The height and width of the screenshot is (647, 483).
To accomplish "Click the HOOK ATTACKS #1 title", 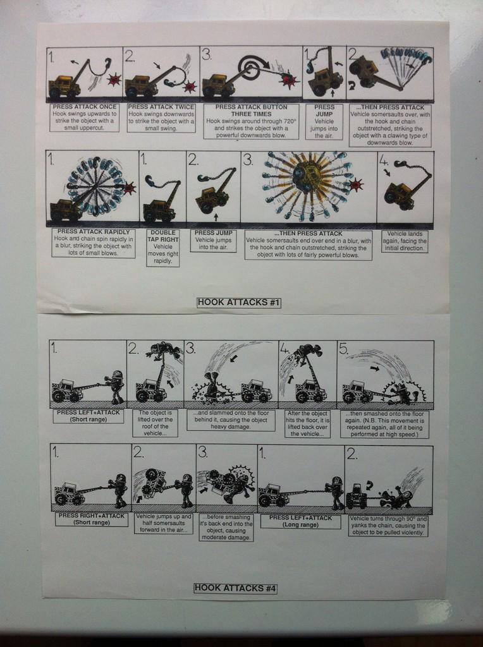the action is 239,303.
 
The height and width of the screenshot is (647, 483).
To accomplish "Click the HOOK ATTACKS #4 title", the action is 235,588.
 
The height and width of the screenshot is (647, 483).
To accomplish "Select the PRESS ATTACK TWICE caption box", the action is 161,118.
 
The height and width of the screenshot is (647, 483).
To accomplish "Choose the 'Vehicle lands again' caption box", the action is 405,241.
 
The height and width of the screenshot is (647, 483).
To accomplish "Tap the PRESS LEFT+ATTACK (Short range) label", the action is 89,416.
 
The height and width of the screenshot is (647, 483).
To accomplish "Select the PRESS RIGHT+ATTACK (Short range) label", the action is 91,519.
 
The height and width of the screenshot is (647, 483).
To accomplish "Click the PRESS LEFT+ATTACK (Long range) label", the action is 300,521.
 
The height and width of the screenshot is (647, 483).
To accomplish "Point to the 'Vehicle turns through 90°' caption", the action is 388,526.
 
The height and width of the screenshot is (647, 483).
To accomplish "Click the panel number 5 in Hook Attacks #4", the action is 344,349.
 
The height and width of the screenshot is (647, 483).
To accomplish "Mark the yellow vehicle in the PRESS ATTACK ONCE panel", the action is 64,85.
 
